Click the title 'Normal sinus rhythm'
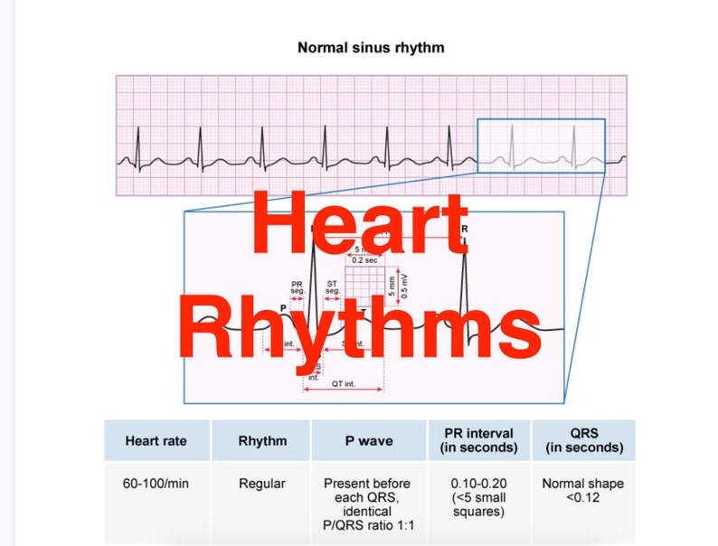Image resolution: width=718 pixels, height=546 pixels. click(x=371, y=46)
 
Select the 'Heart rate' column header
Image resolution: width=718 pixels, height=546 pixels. click(x=157, y=440)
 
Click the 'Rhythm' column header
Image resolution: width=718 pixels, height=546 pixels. click(x=261, y=440)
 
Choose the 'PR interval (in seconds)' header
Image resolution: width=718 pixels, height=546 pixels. click(x=479, y=440)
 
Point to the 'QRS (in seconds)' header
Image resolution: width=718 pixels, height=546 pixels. click(x=583, y=440)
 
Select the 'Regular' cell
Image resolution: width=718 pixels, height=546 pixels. click(x=261, y=484)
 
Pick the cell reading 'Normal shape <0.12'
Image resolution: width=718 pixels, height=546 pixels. click(x=583, y=490)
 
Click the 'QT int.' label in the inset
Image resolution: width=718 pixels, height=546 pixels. click(x=342, y=384)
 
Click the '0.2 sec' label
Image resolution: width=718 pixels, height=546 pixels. click(x=364, y=260)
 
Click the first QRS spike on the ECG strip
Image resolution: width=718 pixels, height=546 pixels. click(x=138, y=145)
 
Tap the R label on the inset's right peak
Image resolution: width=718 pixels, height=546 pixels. click(x=465, y=229)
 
